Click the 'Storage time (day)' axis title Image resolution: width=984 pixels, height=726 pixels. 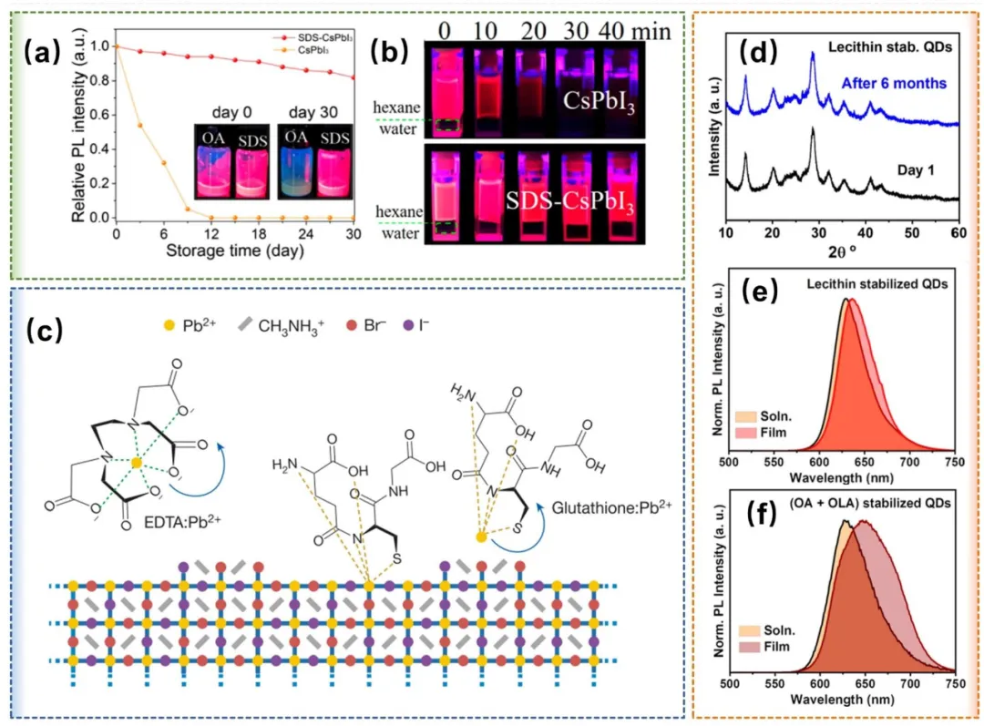click(234, 251)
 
